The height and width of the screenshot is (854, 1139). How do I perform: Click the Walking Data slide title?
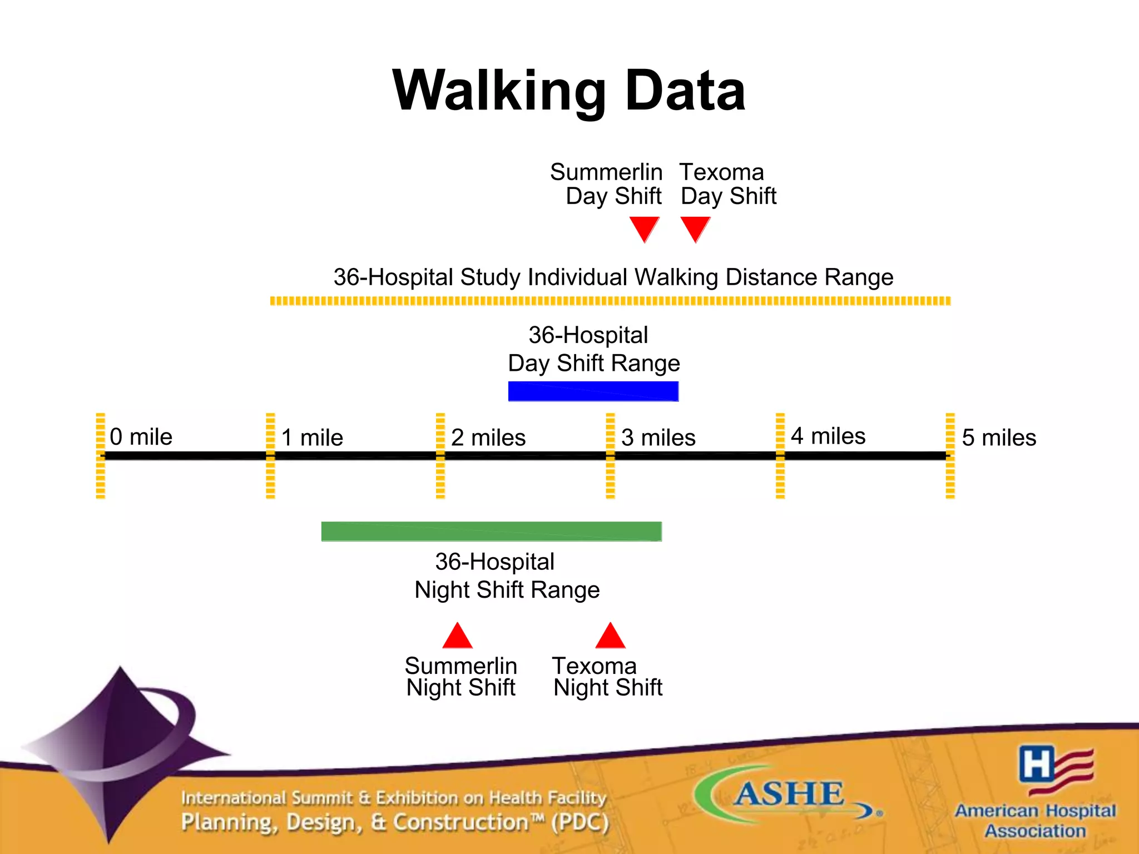[568, 91]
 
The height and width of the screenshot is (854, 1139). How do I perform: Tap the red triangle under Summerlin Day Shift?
[644, 228]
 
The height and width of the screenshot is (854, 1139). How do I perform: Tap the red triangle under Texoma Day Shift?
[695, 228]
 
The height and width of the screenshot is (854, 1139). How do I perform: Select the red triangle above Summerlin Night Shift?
[458, 638]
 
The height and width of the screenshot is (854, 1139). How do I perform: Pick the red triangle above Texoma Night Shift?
[611, 638]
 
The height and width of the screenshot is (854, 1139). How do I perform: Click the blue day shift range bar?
[593, 391]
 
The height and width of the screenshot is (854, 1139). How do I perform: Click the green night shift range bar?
[492, 532]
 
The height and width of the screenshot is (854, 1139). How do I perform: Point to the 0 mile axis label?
[141, 437]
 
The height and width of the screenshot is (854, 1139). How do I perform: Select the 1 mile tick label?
[312, 438]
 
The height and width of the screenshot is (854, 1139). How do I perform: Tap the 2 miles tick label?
[488, 438]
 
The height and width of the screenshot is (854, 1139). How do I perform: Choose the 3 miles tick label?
[658, 438]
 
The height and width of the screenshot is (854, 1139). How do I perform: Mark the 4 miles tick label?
[828, 436]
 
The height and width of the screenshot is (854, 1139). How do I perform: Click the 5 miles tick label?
[999, 438]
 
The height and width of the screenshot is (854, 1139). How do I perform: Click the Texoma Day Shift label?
[727, 184]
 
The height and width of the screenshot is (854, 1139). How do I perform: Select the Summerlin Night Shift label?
[461, 677]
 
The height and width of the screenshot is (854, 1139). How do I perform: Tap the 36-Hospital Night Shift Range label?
[506, 576]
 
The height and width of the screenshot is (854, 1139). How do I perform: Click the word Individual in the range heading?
[578, 277]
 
